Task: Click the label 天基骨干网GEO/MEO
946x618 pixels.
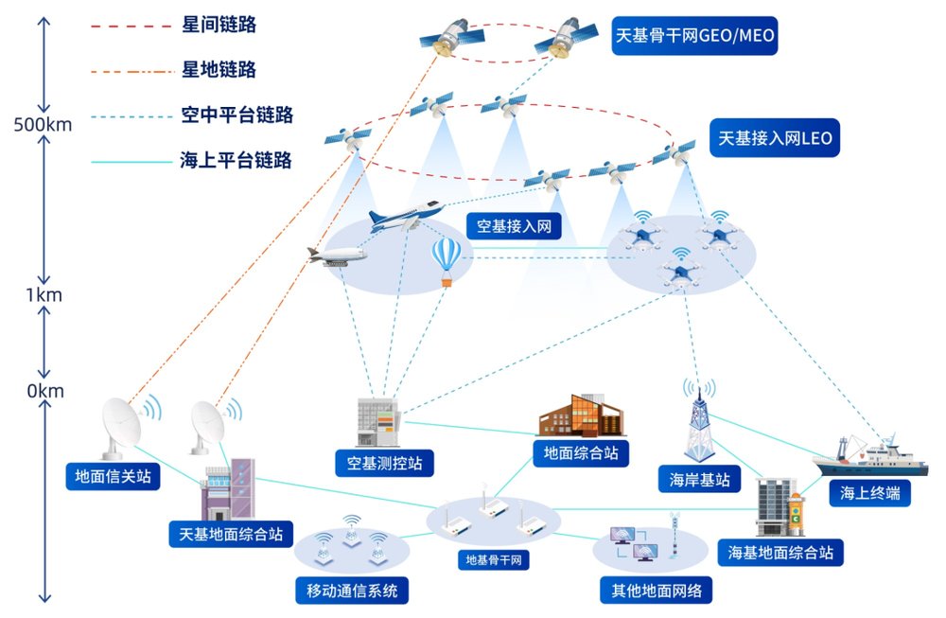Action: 694,35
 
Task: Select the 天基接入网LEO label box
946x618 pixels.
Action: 775,139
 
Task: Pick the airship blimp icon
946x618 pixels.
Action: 337,256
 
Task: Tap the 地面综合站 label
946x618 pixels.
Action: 581,453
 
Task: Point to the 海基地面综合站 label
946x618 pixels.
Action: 781,552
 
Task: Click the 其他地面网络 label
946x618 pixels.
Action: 652,592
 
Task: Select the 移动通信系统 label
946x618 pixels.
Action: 352,592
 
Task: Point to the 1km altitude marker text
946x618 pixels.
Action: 43,294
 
